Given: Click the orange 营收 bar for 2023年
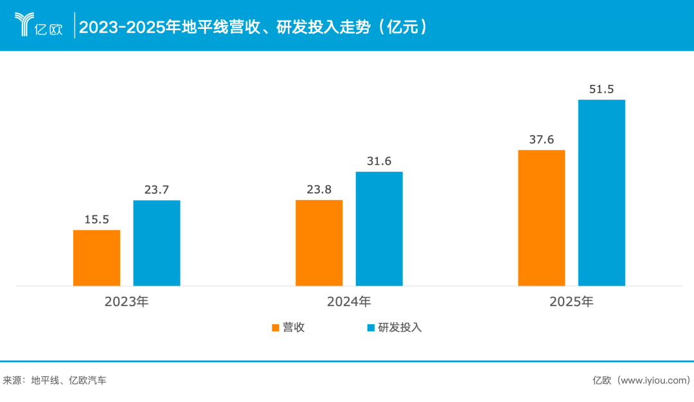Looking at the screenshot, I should tap(96, 257).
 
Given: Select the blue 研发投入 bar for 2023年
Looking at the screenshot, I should tap(157, 242).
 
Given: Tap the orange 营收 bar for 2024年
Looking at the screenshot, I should tap(319, 242).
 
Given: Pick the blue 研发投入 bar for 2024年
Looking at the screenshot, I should tap(379, 228).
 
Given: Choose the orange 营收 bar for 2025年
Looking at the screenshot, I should tap(542, 217).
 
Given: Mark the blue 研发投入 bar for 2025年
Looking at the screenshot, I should tap(601, 192).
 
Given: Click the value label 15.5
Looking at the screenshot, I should tap(96, 219).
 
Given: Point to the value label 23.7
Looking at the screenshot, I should tap(157, 190).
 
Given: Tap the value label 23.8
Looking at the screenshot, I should tap(319, 190).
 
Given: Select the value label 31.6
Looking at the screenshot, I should tap(379, 161).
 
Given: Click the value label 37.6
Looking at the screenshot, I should tap(542, 140).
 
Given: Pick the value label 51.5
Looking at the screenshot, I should tap(601, 89).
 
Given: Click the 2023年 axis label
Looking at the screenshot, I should tap(127, 301).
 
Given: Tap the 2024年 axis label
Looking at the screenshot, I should tap(349, 301).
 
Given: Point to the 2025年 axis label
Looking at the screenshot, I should tap(571, 301).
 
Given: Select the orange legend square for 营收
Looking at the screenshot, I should tap(275, 328).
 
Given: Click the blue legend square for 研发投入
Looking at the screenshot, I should tap(370, 328).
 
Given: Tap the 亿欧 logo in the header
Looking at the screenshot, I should tap(39, 25).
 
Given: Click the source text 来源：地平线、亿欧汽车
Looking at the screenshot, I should tap(55, 380).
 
